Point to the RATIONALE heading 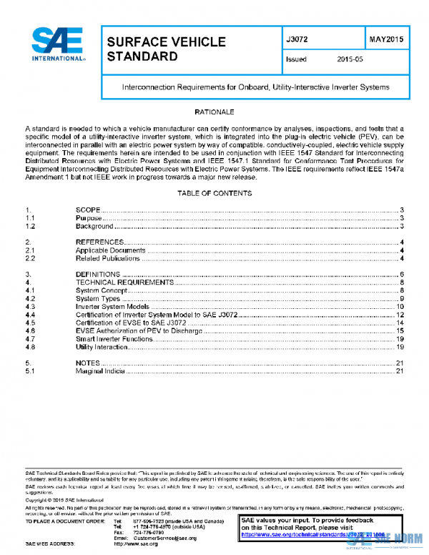coord(214,113)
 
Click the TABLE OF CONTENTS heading coord(214,194)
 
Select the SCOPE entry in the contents coord(89,210)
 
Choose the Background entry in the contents coord(94,226)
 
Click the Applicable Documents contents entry coord(110,250)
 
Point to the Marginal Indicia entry coord(101,371)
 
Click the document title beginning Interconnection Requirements coord(255,87)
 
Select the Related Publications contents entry coord(107,258)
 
